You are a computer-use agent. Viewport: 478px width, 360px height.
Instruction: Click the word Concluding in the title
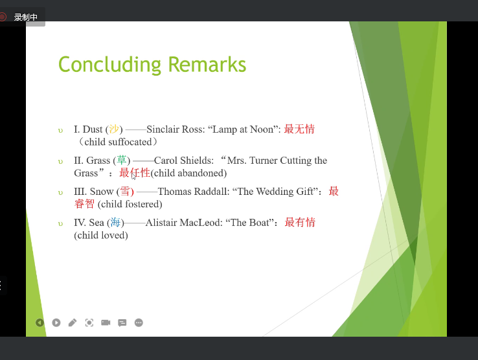coord(109,65)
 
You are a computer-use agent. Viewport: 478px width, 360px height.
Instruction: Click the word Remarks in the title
coord(207,64)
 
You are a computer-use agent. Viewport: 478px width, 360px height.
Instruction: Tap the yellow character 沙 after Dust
coord(114,129)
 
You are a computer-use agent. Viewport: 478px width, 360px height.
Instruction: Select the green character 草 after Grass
coord(122,160)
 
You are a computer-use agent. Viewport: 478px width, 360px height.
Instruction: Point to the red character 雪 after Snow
coord(125,191)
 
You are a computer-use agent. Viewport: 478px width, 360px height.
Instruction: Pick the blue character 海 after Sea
coord(115,222)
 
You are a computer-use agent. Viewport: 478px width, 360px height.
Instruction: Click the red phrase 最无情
coord(299,129)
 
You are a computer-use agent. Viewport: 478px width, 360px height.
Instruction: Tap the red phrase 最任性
coord(135,173)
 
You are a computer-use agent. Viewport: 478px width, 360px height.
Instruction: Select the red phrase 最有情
coord(300,222)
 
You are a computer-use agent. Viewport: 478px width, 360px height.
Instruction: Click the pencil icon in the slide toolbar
coord(73,322)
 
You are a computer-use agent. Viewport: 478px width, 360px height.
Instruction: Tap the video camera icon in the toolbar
coord(106,322)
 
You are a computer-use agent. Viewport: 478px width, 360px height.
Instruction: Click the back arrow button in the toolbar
coord(40,322)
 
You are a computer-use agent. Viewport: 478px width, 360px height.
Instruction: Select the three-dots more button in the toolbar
coord(139,322)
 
